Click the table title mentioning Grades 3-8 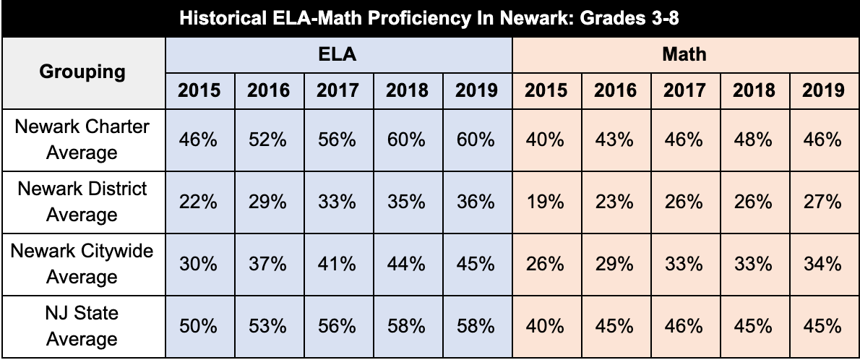click(x=430, y=18)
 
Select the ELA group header click(x=338, y=54)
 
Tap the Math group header click(x=684, y=54)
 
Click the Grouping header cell click(x=83, y=72)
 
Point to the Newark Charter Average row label click(x=83, y=140)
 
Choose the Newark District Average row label click(x=83, y=202)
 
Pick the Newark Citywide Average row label click(x=83, y=264)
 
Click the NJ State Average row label click(x=83, y=326)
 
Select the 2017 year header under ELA click(x=337, y=90)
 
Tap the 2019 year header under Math click(x=823, y=90)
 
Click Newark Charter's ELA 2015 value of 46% click(x=199, y=140)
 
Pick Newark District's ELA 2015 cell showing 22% click(x=199, y=202)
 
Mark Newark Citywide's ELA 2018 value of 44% click(x=407, y=264)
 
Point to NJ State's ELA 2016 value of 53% click(x=268, y=326)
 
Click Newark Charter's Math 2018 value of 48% click(x=754, y=140)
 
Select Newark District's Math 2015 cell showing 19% click(x=546, y=202)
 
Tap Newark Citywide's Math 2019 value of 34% click(x=823, y=264)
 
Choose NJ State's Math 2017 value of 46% click(x=684, y=326)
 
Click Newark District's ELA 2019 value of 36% click(x=476, y=202)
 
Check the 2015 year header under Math click(x=546, y=90)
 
